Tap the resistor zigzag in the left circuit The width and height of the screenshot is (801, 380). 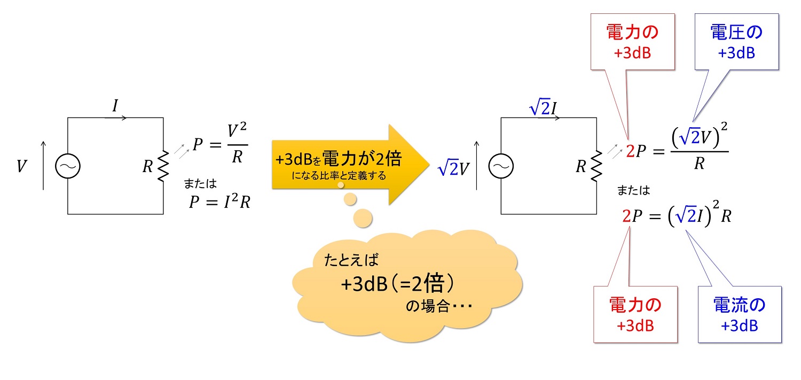(x=163, y=166)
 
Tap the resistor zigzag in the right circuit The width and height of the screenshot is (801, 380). (x=597, y=166)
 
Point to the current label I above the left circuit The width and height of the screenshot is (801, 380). (x=115, y=106)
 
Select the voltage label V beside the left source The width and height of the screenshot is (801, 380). (x=21, y=166)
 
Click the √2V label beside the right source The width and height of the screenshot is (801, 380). (x=453, y=167)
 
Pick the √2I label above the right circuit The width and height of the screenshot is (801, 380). (x=543, y=107)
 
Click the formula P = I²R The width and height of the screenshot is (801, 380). (x=219, y=201)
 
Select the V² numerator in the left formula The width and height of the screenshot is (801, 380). (x=237, y=130)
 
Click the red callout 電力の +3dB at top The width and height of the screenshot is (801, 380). (x=633, y=42)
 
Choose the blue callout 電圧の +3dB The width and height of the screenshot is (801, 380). (x=736, y=42)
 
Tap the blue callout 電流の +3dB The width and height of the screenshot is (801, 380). (x=740, y=314)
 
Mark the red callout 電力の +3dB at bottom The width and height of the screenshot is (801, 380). (x=635, y=314)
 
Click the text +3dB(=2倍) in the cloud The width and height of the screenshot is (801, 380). (x=397, y=284)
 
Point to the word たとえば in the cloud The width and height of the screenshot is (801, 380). (x=351, y=260)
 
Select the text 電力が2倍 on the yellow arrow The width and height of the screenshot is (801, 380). (x=362, y=159)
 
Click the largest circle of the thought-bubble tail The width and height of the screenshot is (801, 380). (x=363, y=218)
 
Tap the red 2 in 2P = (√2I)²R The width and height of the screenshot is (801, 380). (x=626, y=216)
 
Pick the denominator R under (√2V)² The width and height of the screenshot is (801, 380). (x=700, y=164)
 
